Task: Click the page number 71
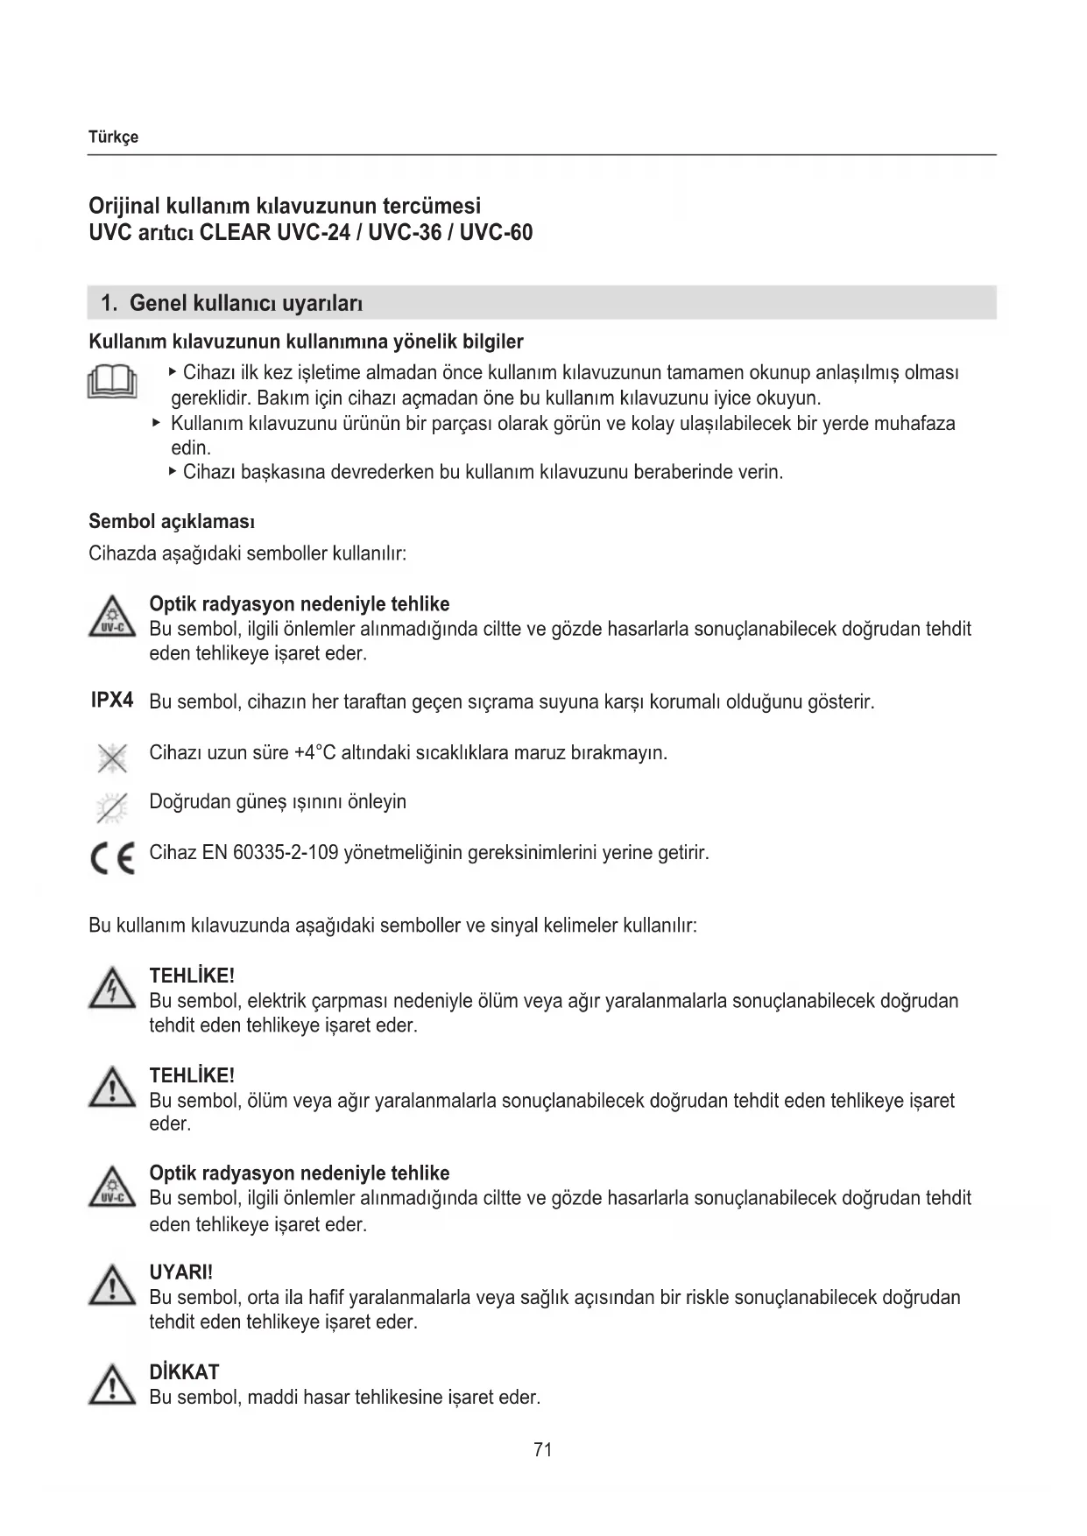point(542,1450)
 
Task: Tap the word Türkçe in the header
point(114,137)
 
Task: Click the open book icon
point(112,382)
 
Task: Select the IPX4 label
point(112,701)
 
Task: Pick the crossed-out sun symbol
point(112,807)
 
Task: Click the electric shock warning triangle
point(112,990)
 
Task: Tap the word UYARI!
point(181,1272)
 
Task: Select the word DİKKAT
point(184,1372)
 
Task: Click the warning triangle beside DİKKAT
point(112,1388)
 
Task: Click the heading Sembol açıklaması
point(172,522)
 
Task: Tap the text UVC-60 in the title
point(496,233)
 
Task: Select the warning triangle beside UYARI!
point(112,1288)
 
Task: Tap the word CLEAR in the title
point(236,233)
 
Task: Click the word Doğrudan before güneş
point(187,802)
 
